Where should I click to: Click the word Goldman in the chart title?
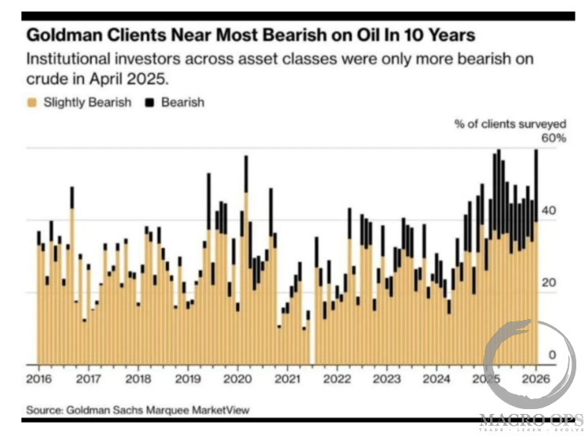coord(61,36)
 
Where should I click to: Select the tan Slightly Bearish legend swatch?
coord(32,103)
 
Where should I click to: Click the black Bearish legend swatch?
coord(149,103)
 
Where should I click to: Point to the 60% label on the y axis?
coord(553,138)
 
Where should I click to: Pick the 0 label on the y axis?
coord(553,355)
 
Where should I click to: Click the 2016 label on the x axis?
coord(40,378)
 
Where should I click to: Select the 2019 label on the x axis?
coord(188,378)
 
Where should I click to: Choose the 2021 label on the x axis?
coord(287,378)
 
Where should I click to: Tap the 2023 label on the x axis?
coord(387,378)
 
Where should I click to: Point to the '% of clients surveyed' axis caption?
coord(510,123)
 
